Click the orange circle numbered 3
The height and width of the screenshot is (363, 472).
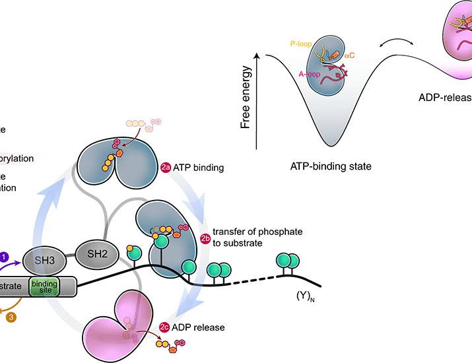tap(11, 317)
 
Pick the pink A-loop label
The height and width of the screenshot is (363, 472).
tap(303, 75)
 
